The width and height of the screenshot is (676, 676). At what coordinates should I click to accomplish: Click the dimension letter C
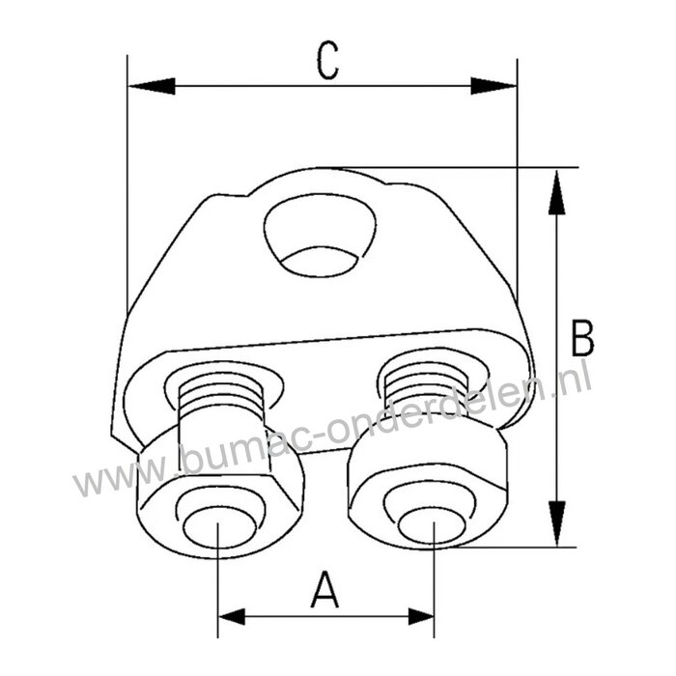[x=329, y=61]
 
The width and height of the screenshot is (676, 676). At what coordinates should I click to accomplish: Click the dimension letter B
[x=582, y=339]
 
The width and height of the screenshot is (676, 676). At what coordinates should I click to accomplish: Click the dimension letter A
[x=325, y=589]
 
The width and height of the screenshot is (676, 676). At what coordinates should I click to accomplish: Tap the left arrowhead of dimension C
[x=150, y=86]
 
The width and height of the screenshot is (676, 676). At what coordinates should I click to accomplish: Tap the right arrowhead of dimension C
[x=494, y=86]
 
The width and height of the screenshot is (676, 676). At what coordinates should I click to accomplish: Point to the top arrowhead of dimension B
[x=556, y=192]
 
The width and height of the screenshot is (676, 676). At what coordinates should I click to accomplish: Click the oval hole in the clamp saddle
[x=319, y=238]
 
